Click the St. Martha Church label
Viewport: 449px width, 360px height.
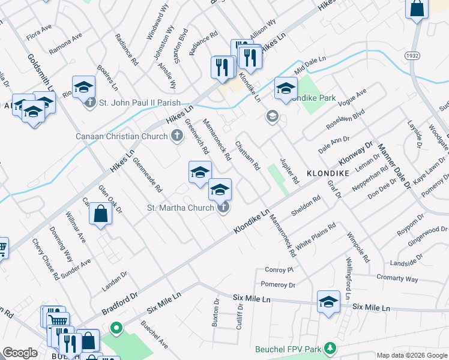181,208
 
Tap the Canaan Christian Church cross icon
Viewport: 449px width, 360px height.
176,136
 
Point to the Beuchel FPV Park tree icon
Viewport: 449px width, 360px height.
329,348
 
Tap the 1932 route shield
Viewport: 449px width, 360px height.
411,55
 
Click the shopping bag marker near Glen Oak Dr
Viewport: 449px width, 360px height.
101,214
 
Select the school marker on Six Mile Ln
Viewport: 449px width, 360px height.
328,302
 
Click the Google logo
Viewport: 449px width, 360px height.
20,353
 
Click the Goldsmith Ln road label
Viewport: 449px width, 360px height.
40,72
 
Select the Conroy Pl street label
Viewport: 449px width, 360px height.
278,270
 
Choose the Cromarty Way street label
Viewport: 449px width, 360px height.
397,278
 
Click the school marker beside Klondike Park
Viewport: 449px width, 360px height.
286,88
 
